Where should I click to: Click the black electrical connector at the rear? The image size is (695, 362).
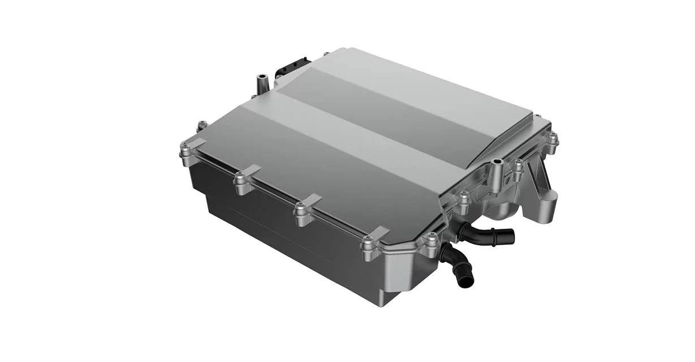coord(291,69)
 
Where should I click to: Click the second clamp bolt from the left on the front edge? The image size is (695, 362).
coord(241,181)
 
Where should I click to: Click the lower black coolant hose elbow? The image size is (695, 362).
coord(455,263)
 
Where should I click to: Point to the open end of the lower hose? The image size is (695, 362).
coord(466,281)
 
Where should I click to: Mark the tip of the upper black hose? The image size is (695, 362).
coord(511,235)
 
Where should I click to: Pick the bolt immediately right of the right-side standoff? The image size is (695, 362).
coord(518,165)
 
